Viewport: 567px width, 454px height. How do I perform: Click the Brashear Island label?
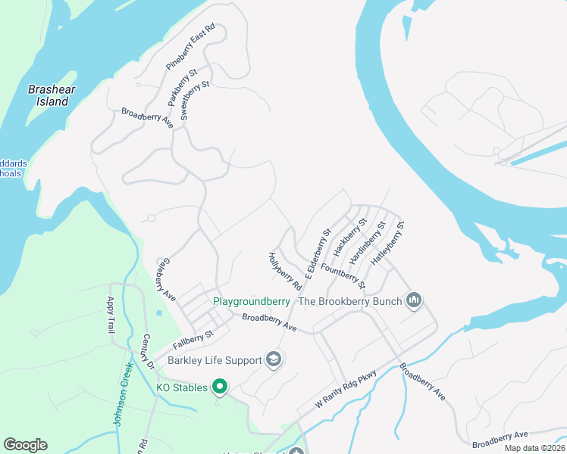[x=49, y=95]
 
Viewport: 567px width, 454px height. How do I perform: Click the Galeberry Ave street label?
[x=164, y=278]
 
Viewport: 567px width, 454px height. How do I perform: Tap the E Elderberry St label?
[x=318, y=254]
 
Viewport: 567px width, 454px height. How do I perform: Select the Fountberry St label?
[x=343, y=275]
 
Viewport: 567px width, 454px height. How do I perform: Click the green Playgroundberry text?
[x=254, y=301]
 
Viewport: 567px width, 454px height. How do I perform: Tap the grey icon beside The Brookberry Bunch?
[x=413, y=301]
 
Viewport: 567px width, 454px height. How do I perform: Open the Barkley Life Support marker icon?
[x=274, y=360]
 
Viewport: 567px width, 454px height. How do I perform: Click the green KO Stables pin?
[x=220, y=387]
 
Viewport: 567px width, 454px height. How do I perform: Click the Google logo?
[x=25, y=445]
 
